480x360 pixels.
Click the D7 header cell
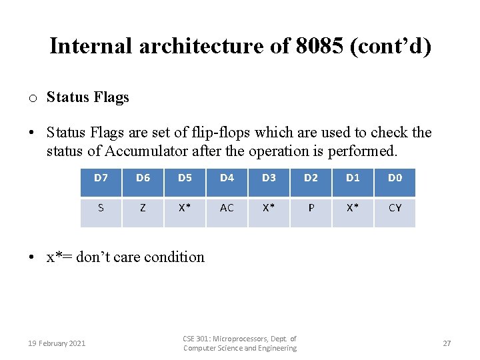click(101, 178)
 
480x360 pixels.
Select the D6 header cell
click(143, 178)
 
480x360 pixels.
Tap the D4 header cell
click(227, 178)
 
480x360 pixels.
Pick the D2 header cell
click(311, 178)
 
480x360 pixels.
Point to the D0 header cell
click(395, 178)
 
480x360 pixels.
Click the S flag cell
click(101, 208)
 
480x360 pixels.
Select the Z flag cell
click(143, 208)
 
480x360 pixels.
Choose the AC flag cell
click(227, 208)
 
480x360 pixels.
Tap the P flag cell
click(311, 208)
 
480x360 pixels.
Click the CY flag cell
click(395, 208)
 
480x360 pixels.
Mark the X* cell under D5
click(185, 208)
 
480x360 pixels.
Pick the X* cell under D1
click(353, 208)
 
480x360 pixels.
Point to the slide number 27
click(447, 343)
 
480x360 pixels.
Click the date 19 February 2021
click(57, 343)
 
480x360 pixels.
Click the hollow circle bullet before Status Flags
click(32, 99)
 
